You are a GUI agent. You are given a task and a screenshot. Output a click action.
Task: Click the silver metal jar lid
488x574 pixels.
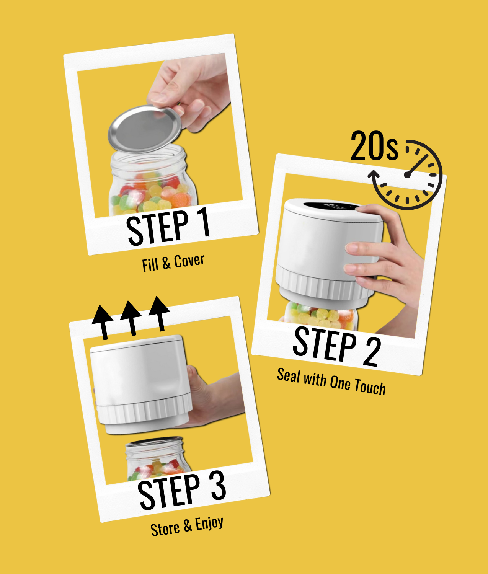(145, 129)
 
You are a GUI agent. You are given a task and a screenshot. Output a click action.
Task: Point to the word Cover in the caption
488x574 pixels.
(189, 261)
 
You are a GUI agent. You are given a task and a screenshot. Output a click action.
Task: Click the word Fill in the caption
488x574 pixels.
(150, 265)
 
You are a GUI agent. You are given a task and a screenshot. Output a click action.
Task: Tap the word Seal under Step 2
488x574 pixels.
(289, 375)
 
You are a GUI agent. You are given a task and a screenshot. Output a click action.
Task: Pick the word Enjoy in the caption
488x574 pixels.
(209, 524)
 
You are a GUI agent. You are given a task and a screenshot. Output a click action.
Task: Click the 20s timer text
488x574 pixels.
(374, 146)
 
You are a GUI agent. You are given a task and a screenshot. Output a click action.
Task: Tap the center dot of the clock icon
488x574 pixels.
(407, 175)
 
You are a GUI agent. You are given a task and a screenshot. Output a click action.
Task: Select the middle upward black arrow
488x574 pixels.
(131, 318)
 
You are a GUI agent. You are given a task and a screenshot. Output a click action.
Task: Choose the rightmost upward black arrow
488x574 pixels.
(159, 314)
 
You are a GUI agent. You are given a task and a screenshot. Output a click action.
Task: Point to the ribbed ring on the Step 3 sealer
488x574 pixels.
(145, 412)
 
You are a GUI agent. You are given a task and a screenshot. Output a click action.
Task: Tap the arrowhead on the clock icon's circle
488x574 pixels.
(374, 175)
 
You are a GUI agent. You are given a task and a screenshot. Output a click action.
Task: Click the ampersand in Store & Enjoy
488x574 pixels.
(188, 526)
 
